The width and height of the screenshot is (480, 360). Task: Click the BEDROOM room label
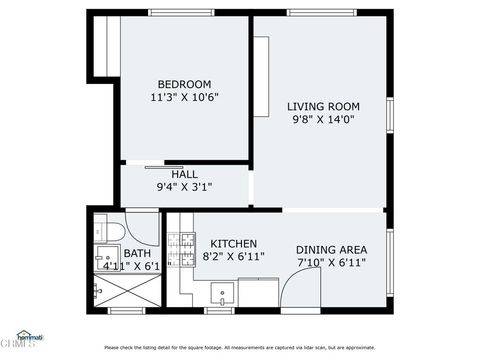click(184, 83)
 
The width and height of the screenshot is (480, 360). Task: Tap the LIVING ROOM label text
click(323, 106)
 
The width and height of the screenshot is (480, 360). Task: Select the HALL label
click(184, 173)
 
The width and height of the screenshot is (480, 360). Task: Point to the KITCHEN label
click(233, 243)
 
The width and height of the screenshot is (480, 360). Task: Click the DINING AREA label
click(331, 249)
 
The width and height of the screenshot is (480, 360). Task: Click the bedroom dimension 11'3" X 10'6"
click(184, 98)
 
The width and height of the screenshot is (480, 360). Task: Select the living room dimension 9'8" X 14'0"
click(323, 120)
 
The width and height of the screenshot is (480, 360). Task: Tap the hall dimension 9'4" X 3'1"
click(184, 187)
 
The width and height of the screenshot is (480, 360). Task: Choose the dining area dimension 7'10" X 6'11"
click(331, 263)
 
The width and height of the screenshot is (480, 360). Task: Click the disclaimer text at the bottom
click(240, 347)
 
